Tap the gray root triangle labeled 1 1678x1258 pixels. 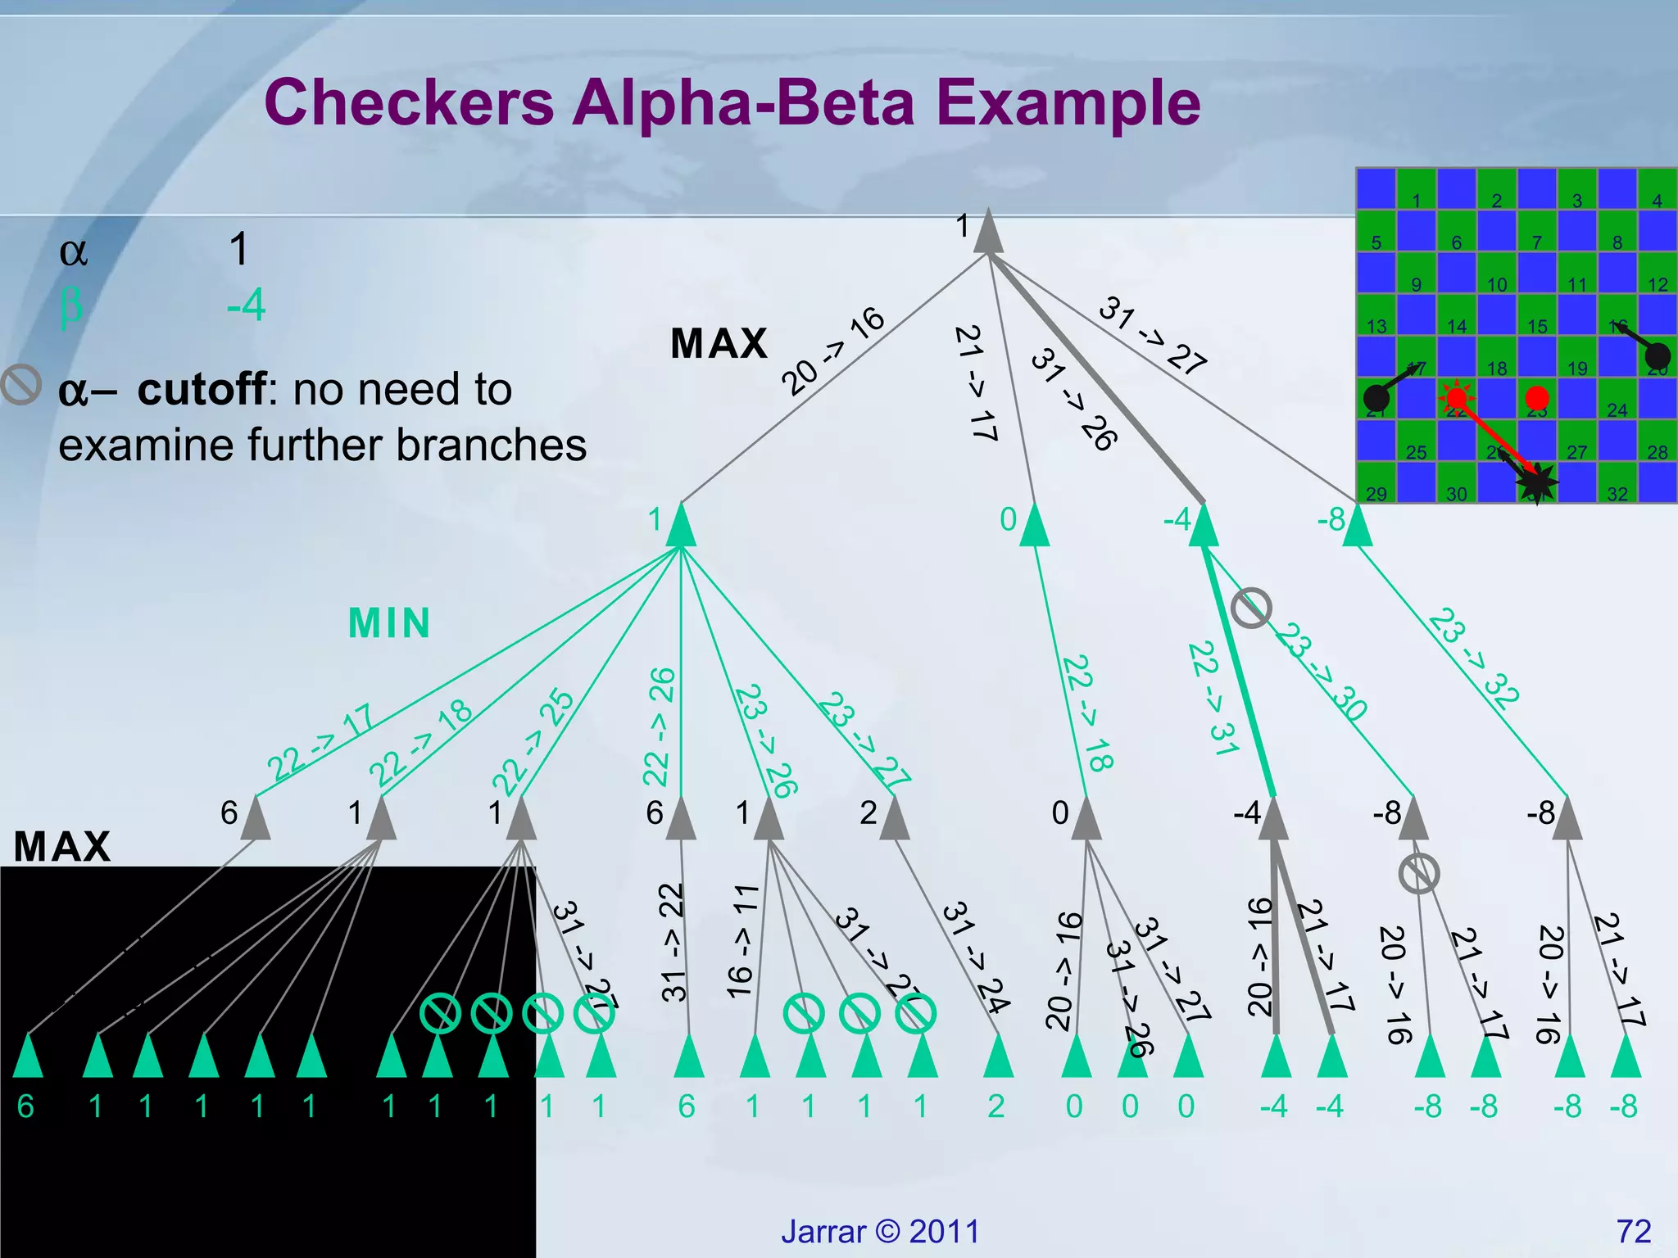[x=988, y=233]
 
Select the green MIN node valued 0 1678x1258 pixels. [x=1035, y=527]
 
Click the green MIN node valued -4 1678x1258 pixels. [x=1203, y=527]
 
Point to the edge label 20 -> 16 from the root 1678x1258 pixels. [x=832, y=351]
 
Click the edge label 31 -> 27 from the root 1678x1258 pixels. [x=1152, y=335]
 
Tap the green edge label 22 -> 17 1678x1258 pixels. [x=320, y=743]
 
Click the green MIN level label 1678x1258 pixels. [x=389, y=623]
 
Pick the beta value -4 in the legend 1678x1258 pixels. [x=246, y=305]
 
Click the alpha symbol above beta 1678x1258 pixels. [x=73, y=251]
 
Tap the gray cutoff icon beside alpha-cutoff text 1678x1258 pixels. [x=20, y=384]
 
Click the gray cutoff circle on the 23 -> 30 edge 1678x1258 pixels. [x=1251, y=608]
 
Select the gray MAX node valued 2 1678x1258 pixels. [x=894, y=820]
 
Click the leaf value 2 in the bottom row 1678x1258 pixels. [x=996, y=1106]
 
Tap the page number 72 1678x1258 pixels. [x=1633, y=1231]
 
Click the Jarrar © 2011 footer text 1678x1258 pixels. [x=880, y=1231]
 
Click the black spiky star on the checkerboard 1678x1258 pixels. [x=1537, y=483]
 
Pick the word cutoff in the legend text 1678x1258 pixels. [x=202, y=389]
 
